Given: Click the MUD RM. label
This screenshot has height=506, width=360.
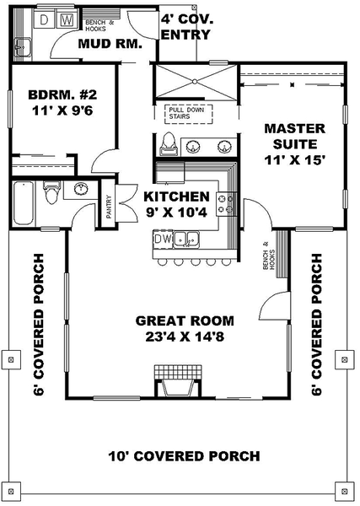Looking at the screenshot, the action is pos(110,44).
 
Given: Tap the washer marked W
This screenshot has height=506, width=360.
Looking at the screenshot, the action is pos(67,20).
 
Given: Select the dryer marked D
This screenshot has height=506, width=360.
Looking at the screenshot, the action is pos(44,20).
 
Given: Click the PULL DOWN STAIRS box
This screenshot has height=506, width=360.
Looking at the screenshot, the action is pos(189,114).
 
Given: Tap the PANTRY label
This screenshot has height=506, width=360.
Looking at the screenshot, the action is pos(109,207).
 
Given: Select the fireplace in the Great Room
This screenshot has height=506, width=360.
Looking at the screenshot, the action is pos(178,381).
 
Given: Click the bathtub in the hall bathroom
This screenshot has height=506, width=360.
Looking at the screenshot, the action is pos(24,203).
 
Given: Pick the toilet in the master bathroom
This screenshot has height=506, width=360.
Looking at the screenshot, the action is pos(169,144).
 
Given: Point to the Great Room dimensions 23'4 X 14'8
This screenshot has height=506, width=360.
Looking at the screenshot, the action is pos(185,336).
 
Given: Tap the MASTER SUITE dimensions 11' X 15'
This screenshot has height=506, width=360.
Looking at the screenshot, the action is pos(294,159).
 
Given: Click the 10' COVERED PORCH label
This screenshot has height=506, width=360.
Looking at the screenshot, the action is pos(184,456).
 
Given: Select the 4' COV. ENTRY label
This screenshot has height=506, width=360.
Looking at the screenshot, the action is pos(187,27).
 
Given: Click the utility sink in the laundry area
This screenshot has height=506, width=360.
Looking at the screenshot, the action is pos(23,47).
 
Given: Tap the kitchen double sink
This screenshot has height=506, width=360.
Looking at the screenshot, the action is pos(186,240).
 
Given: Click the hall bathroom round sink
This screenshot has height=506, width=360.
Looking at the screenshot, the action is pos(81,189).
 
